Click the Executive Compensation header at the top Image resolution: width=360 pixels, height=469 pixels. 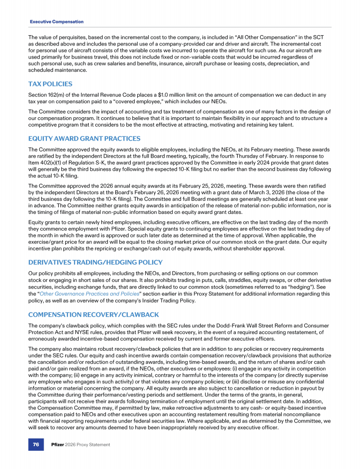[x=57, y=22]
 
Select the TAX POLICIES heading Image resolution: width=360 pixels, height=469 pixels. [x=50, y=84]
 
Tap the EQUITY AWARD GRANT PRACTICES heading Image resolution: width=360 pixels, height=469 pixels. [x=84, y=138]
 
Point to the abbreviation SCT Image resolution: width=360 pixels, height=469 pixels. [x=325, y=37]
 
